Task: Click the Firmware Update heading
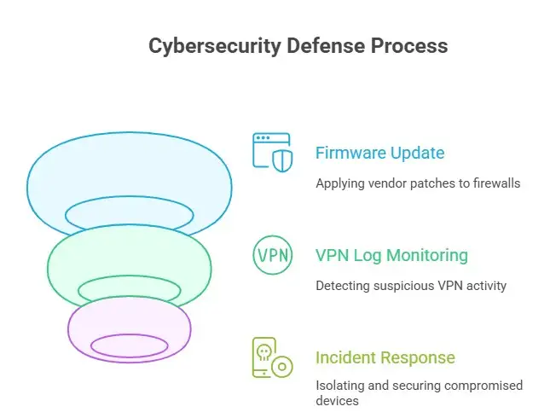coord(379,154)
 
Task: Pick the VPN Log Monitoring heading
coord(391,255)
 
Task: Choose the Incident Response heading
coord(385,357)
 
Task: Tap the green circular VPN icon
coord(272,255)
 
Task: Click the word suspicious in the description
coord(404,285)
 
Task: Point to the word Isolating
coord(340,386)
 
